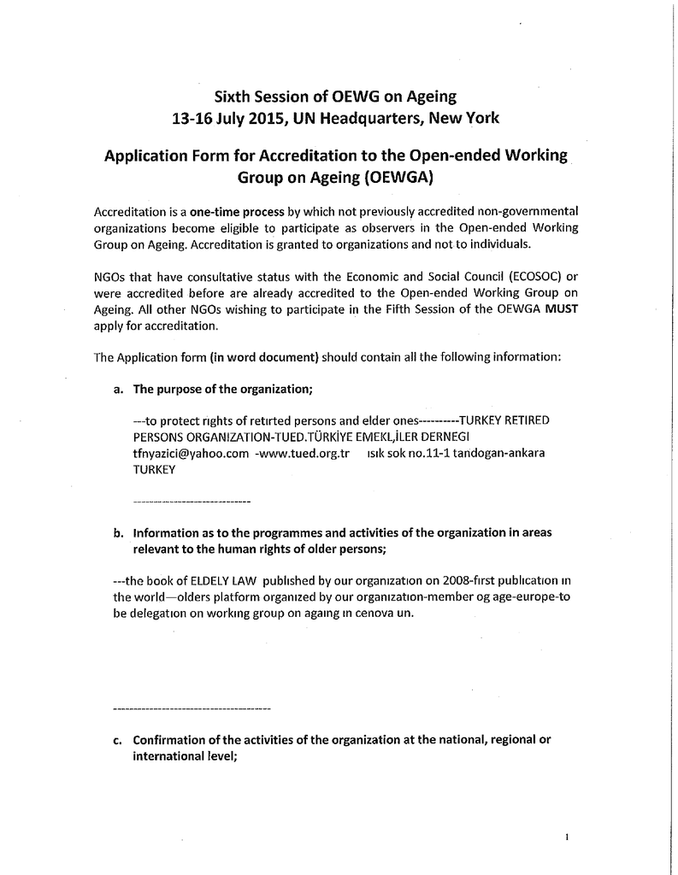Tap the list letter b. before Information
(119, 532)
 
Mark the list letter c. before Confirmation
(118, 740)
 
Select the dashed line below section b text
(192, 709)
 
